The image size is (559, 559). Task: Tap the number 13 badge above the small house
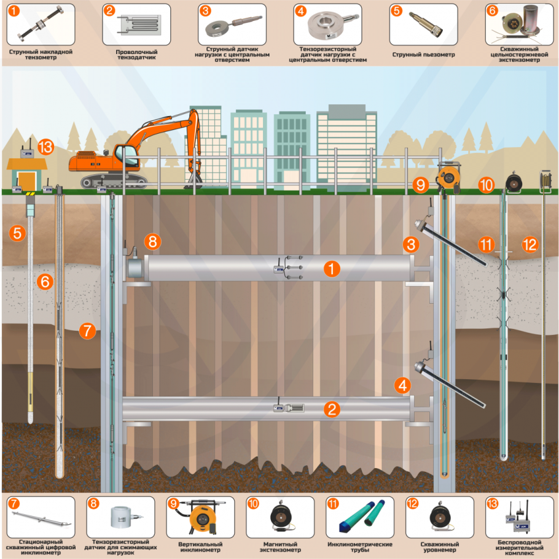coord(46,148)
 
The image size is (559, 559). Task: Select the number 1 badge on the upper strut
coord(331,269)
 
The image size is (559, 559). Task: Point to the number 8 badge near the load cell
coord(152,241)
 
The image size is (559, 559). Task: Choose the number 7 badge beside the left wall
coord(87,331)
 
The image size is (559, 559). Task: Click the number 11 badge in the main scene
coord(487,245)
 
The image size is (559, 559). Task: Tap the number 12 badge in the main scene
coord(530,244)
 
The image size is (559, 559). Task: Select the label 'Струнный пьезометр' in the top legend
coord(424,54)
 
